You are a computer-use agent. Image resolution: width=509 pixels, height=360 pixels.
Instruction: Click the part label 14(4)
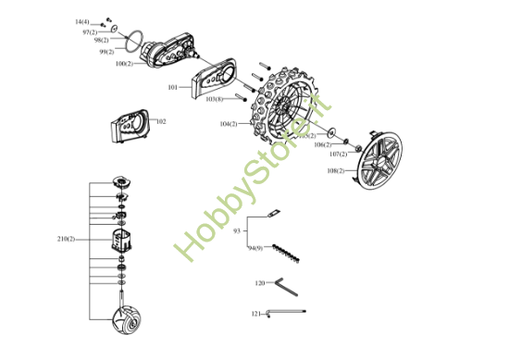[82, 20]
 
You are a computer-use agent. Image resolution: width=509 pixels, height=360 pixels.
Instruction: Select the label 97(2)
[90, 32]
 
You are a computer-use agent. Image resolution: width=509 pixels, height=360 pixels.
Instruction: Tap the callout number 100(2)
[124, 64]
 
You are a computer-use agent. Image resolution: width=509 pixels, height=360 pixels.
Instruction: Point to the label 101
[173, 87]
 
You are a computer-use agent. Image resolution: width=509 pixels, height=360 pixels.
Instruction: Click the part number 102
[161, 121]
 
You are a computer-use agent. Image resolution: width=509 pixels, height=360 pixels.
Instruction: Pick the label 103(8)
[214, 98]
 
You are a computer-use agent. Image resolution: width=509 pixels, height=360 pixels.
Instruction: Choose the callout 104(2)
[228, 123]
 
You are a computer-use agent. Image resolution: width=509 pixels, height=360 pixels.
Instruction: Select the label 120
[260, 281]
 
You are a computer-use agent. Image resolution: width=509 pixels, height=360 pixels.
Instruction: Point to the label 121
[256, 314]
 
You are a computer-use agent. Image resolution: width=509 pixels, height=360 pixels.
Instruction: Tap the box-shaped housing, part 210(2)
[121, 241]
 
